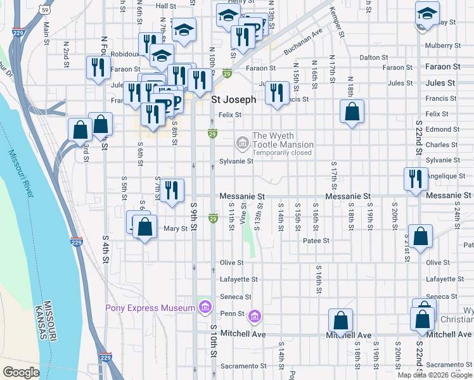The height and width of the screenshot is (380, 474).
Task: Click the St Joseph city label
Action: [x=233, y=99]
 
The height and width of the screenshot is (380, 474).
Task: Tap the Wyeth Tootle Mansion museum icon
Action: [x=242, y=144]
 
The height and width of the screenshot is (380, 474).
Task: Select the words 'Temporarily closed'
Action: [x=283, y=153]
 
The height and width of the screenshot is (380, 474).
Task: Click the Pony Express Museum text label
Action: [x=150, y=308]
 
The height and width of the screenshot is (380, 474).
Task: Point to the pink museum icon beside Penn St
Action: [x=254, y=315]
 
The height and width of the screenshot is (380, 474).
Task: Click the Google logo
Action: [x=21, y=372]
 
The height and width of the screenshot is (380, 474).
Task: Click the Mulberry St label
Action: [x=442, y=46]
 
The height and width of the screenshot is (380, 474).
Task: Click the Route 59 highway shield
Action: [x=43, y=9]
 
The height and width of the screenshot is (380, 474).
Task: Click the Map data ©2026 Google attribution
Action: [x=435, y=375]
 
